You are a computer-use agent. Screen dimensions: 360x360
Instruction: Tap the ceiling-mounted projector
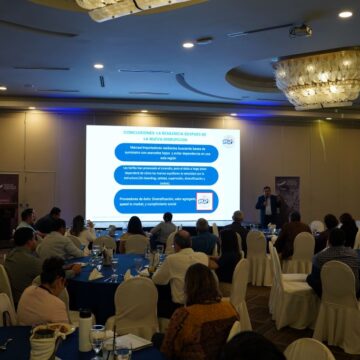[300, 31]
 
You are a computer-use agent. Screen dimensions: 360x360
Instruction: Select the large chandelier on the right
[318, 77]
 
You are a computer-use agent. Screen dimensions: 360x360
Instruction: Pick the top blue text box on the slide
[167, 152]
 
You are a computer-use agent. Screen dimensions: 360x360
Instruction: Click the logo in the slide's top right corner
[227, 141]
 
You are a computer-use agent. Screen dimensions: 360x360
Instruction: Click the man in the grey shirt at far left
[22, 264]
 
